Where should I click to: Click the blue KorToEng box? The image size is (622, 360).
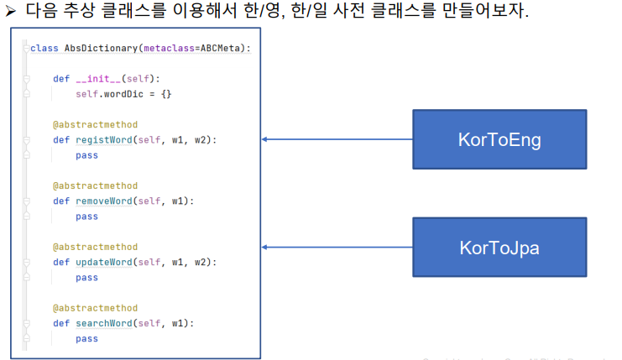tap(499, 139)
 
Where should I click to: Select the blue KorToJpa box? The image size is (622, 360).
tap(499, 247)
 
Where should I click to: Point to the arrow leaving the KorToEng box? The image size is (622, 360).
tap(336, 139)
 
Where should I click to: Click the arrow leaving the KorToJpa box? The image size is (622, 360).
tap(336, 247)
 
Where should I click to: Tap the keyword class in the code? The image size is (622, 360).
tap(44, 48)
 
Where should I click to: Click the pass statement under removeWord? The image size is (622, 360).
tap(86, 217)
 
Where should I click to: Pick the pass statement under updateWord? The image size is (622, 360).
tap(86, 278)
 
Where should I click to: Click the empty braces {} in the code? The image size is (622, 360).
tap(166, 94)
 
